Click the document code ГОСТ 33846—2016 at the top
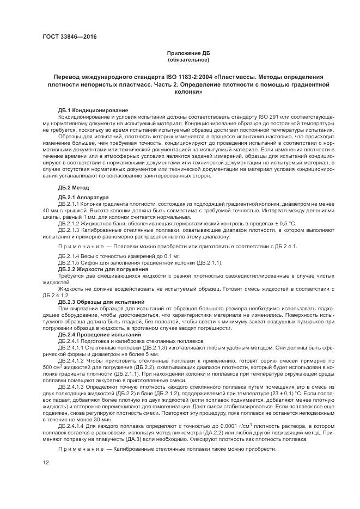pyautogui.click(x=66, y=37)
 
